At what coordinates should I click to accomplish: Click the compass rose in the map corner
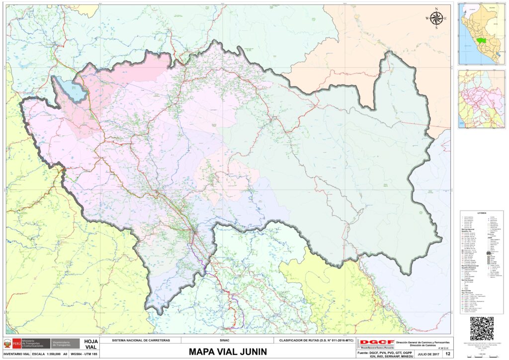[436, 19]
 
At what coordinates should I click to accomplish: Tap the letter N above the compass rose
[436, 9]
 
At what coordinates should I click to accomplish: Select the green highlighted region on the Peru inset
[481, 40]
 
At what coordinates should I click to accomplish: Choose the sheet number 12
[448, 354]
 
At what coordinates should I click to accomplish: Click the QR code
[482, 328]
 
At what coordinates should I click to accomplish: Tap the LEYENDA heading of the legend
[481, 213]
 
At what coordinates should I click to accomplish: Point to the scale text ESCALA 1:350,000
[44, 354]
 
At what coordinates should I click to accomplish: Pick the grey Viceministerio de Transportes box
[66, 344]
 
